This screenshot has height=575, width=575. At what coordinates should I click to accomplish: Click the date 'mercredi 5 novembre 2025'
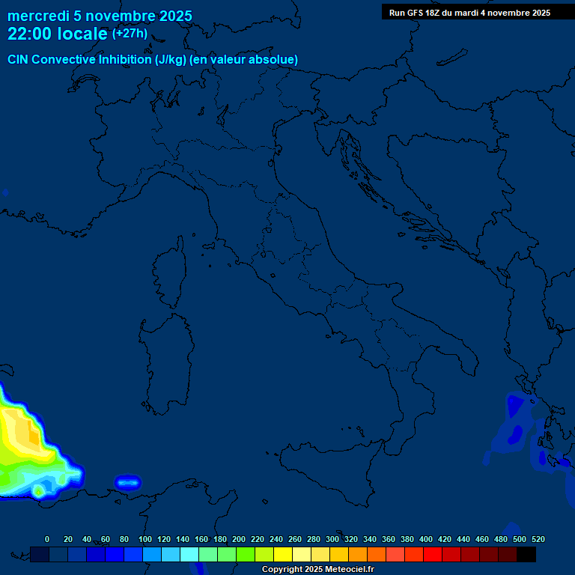100,16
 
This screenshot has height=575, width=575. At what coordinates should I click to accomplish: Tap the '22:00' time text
31,34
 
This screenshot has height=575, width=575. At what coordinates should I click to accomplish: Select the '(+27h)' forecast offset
130,34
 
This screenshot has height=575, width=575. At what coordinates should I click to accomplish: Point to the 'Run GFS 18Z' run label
414,13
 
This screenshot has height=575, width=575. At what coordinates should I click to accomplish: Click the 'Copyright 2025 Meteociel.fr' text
317,570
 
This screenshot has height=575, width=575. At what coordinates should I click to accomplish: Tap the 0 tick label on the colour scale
47,539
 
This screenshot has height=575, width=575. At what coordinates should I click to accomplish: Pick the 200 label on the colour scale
239,539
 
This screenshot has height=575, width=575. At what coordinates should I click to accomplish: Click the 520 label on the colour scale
538,539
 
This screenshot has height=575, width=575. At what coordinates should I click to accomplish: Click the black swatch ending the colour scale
526,555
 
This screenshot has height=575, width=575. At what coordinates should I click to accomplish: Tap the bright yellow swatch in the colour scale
283,555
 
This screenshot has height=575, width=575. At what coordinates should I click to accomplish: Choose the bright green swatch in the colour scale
246,555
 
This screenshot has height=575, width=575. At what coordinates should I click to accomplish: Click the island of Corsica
171,273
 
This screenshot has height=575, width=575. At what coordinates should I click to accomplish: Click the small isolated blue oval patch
128,482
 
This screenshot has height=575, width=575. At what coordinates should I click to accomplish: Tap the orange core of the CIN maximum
28,432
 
